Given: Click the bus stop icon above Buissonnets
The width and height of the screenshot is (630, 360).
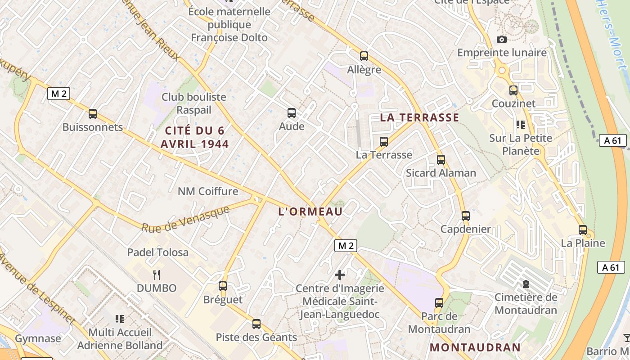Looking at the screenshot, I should point(93,114).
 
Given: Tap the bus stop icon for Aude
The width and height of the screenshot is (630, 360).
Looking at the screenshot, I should point(292,113).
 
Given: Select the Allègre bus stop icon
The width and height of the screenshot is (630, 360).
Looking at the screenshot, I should point(364,56).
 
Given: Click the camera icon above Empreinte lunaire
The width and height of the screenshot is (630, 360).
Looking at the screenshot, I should point(502,40).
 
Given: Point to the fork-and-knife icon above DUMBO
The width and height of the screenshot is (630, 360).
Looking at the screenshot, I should point(157,274).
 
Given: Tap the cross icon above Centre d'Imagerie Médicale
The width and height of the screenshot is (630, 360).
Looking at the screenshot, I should point(340,274).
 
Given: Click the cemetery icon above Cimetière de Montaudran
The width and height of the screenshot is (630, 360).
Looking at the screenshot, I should point(526,284).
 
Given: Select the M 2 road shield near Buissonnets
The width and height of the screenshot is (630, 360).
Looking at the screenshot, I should point(58,94).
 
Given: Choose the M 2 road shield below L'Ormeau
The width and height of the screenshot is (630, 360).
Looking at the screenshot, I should point(346,245).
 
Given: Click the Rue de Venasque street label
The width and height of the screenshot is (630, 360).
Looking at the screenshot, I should point(185,219).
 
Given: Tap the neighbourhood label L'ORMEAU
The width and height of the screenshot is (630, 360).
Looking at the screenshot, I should point(310,211).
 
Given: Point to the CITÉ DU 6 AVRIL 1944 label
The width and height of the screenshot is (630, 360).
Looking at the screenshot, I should point(197,137).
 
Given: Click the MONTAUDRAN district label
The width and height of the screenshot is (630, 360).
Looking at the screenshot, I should point(475,347).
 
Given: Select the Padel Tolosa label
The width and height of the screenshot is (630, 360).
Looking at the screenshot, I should point(158,252).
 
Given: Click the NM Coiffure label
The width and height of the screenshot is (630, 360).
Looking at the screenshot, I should point(208,191).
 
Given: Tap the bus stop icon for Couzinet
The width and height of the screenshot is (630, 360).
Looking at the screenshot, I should point(513,90).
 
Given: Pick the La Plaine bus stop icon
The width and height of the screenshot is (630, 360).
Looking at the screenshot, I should point(583,230).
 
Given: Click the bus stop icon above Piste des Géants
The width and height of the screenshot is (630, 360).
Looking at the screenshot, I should point(256,324).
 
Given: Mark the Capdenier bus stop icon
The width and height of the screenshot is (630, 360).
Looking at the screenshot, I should point(466,216).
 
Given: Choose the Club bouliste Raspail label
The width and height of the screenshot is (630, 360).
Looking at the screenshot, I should point(193,103).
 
